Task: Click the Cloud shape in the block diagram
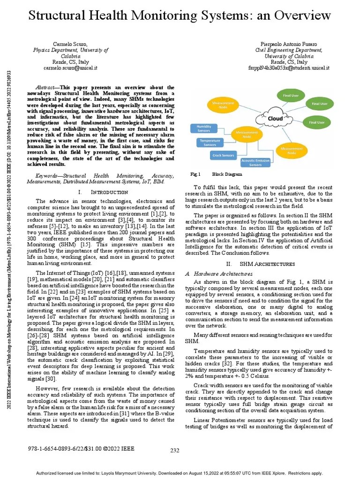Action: click(275, 118)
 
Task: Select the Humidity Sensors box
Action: click(204, 128)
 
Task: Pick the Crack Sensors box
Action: click(223, 155)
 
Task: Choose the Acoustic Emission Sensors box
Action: click(255, 163)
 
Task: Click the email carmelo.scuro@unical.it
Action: click(70, 67)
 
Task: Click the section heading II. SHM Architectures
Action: click(260, 264)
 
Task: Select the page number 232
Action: click(175, 450)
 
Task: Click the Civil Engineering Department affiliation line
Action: click(289, 50)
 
